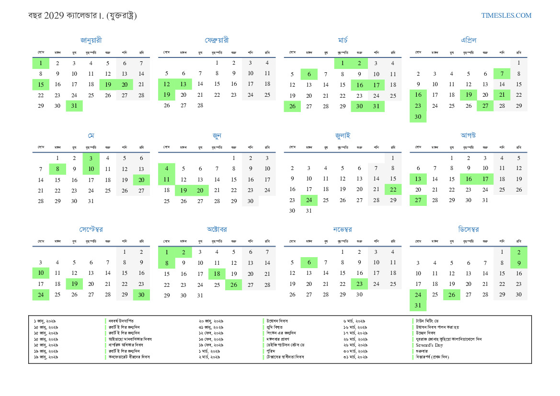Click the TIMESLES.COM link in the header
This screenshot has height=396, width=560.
pos(506,15)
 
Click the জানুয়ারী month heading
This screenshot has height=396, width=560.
pos(91,40)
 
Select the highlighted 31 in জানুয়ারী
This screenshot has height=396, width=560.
pos(74,106)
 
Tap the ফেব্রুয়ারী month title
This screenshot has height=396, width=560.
pos(217,40)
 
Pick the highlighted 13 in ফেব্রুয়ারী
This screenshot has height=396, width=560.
pos(183,84)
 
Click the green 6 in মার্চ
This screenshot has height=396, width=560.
pos(309,74)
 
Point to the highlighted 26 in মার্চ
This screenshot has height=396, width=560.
pos(292,106)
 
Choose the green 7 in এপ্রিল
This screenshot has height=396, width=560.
pos(502,74)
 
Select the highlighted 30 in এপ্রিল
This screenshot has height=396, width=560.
pos(418,117)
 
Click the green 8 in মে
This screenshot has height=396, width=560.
pos(57,169)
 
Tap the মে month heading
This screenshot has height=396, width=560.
pos(91,136)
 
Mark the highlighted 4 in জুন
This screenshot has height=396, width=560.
pos(167,169)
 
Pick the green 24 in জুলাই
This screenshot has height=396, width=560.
pos(309,200)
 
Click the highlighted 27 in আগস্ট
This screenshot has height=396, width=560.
pos(418,200)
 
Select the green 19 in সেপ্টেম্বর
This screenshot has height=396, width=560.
pos(74,284)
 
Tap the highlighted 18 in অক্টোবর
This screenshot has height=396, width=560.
pos(217,274)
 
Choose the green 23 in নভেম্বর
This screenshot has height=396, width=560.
pos(359,284)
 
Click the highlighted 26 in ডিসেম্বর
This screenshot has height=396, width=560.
pos(451,294)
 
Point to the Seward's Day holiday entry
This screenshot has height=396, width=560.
pos(429,345)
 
